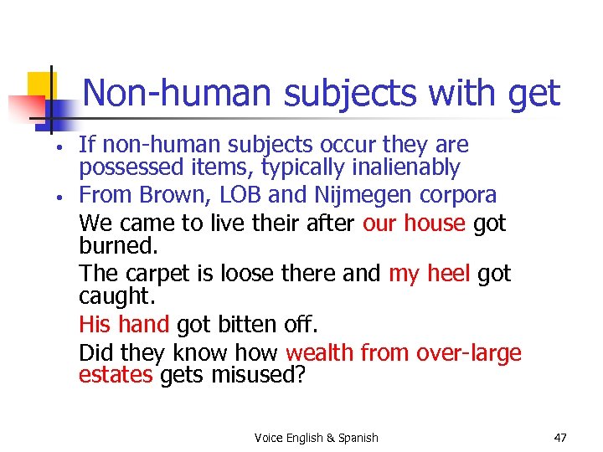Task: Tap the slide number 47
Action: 561,437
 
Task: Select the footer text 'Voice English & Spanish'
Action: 316,438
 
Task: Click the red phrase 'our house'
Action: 414,223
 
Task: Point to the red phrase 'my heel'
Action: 429,274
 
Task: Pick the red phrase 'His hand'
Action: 124,324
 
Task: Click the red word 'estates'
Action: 116,375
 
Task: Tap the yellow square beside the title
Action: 40,85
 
